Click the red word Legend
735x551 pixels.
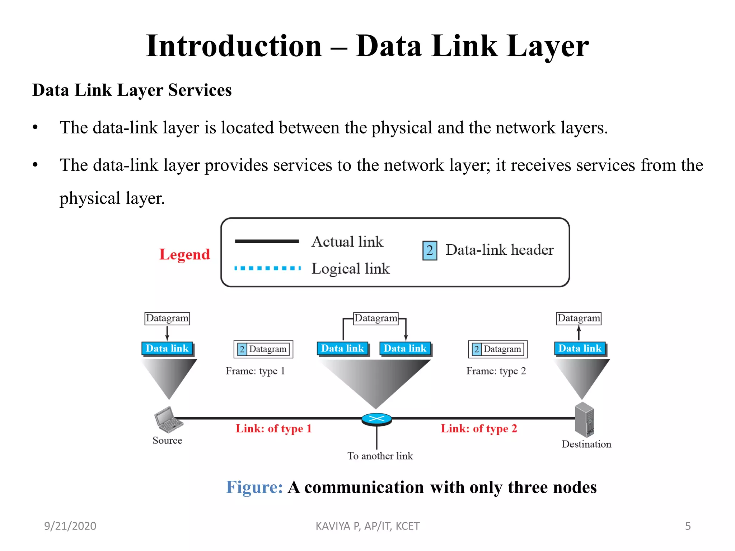pos(184,254)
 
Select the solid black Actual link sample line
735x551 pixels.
pos(267,241)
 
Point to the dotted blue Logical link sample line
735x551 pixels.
pos(267,268)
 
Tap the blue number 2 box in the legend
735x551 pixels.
pos(430,250)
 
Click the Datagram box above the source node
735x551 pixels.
pos(167,318)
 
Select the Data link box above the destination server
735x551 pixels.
pos(580,348)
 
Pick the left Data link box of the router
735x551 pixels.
pos(342,348)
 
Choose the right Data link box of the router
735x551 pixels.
pos(405,348)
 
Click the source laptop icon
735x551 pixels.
pos(168,419)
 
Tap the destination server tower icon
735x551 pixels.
pos(584,419)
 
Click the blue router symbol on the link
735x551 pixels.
pos(376,419)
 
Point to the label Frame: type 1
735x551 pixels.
pos(255,371)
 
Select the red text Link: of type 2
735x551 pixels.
pos(479,428)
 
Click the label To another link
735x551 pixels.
pos(380,456)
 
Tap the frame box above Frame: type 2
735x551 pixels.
pos(498,349)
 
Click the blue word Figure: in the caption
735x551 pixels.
pos(254,487)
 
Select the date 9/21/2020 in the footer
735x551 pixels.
pos(70,526)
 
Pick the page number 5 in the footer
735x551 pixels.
pos(688,526)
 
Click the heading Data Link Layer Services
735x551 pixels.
pos(132,90)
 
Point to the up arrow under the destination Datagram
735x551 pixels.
pos(579,333)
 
